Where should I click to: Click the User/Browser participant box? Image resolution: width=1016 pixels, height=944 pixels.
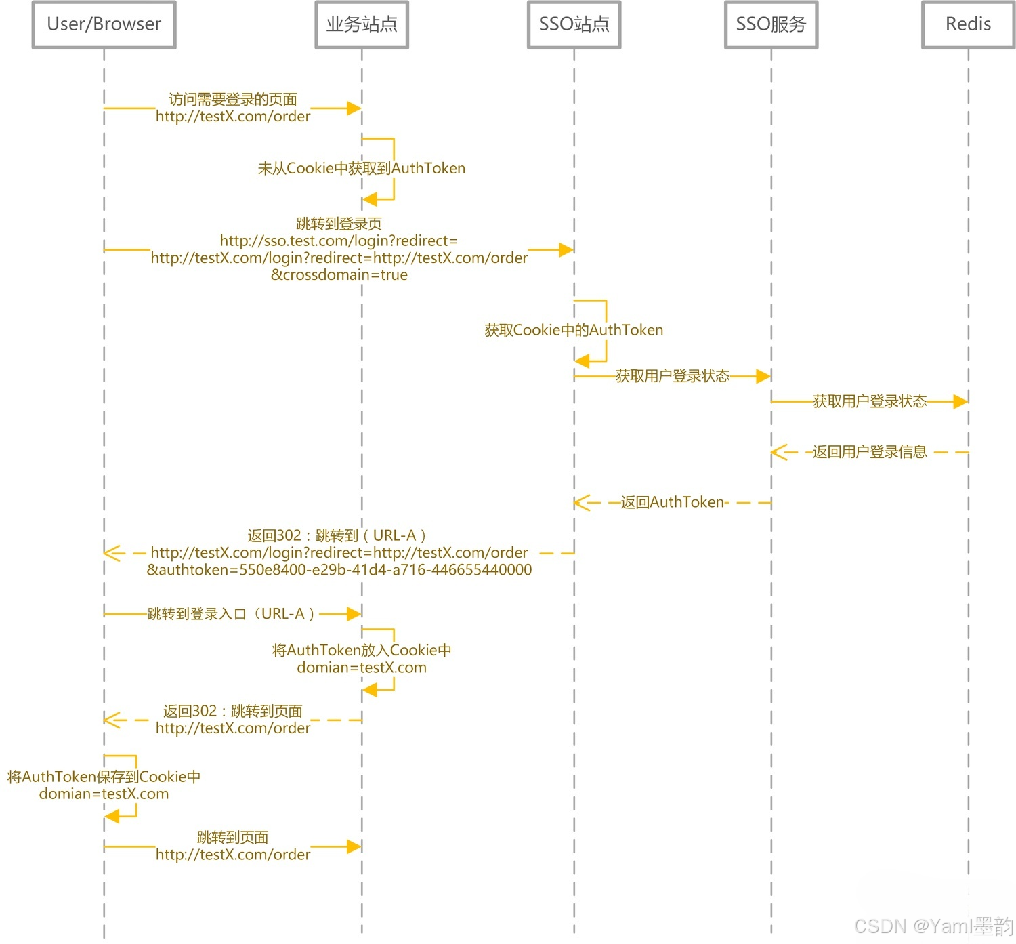tap(104, 24)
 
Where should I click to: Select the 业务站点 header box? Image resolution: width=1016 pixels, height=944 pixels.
tap(362, 24)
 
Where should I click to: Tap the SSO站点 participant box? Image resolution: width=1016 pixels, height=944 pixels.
tap(574, 24)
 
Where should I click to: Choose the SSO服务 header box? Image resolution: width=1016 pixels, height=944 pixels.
tap(771, 24)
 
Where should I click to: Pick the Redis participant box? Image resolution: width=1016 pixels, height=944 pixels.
tap(968, 24)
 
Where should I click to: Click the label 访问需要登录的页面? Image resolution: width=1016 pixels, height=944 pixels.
tap(233, 100)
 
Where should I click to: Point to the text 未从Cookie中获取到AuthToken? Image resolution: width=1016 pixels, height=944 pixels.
tap(362, 168)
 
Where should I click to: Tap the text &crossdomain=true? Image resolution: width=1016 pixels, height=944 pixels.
tap(339, 275)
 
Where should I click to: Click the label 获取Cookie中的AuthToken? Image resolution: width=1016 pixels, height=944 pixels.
tap(574, 330)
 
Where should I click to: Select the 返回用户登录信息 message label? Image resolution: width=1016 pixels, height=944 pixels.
tap(870, 452)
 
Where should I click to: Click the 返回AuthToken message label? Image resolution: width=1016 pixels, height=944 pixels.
tap(673, 502)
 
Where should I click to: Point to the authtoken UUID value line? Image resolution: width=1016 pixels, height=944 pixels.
tap(339, 570)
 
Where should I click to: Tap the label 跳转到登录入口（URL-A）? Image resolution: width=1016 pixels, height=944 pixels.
tap(232, 614)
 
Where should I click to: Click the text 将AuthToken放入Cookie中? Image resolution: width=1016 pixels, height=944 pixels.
tap(362, 650)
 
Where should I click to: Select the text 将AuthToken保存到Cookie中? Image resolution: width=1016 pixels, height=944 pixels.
tap(104, 777)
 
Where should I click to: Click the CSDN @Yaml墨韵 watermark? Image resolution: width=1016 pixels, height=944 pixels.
tap(933, 926)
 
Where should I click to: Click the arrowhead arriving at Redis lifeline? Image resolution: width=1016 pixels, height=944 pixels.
tap(960, 402)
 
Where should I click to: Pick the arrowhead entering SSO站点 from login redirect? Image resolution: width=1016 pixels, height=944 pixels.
tap(566, 250)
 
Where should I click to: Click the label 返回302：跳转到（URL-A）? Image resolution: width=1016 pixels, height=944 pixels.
tap(337, 535)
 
